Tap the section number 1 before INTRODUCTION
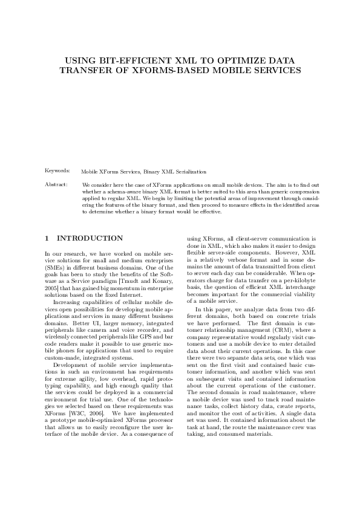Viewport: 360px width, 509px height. click(x=47, y=239)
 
